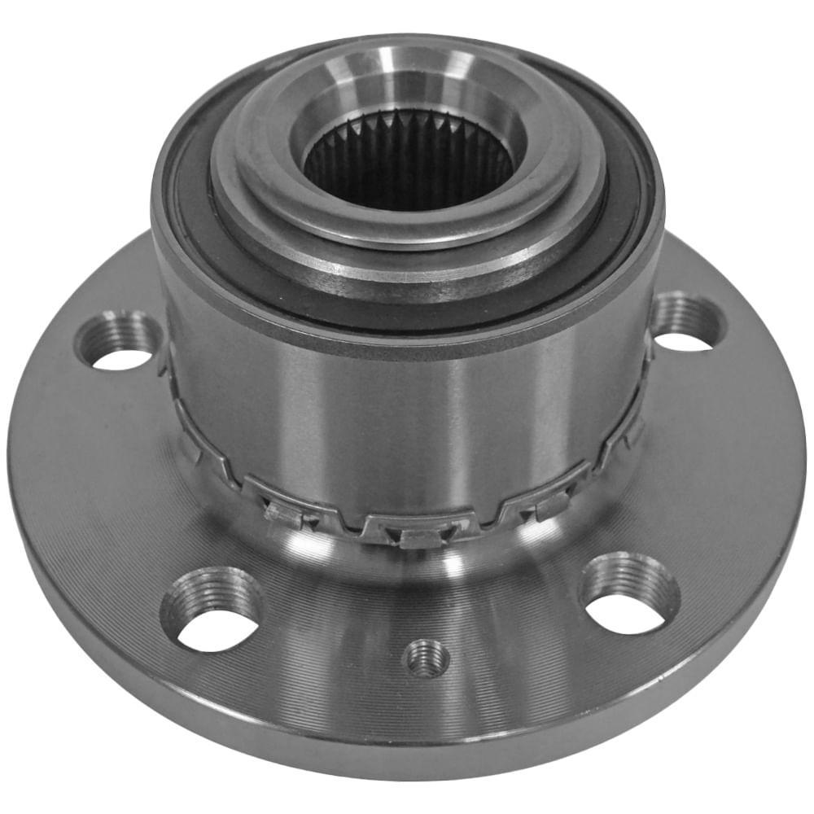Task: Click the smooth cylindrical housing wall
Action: tap(407, 407)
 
